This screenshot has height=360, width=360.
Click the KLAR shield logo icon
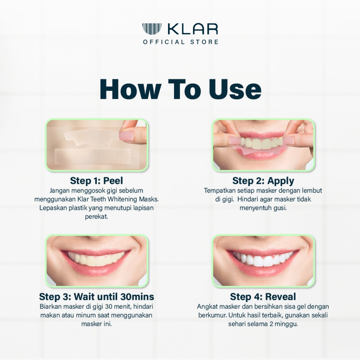[152, 29]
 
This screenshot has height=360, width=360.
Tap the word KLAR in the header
[192, 29]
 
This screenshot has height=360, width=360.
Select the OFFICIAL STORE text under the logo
[181, 42]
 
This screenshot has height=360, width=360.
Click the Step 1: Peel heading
[96, 181]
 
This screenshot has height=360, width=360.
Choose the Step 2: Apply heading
[263, 181]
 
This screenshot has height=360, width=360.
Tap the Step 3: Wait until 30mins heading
[96, 297]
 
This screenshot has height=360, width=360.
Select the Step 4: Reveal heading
[263, 297]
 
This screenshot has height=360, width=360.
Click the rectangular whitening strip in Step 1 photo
[93, 156]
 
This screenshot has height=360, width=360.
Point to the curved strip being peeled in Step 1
[92, 139]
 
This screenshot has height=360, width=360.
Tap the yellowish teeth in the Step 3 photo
[96, 259]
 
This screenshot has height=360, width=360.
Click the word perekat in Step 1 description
[96, 217]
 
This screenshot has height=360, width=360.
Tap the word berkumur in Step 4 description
[212, 315]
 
